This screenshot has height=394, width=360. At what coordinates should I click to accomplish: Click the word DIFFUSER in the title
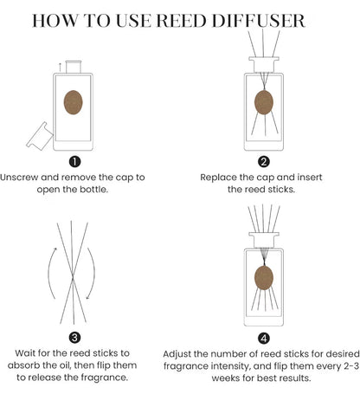(258, 21)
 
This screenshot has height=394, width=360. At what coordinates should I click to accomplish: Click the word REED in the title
(182, 21)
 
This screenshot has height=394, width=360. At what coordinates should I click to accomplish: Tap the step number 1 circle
(74, 162)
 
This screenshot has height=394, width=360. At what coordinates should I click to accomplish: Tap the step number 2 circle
(264, 162)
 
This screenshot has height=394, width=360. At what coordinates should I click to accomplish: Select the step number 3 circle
(74, 337)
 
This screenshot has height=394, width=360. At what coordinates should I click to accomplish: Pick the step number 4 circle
(264, 338)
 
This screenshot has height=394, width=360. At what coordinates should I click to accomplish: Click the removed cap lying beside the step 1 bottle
(40, 136)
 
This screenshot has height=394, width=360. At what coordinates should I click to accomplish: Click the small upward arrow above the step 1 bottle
(60, 67)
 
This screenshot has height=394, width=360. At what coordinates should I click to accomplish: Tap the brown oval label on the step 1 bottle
(73, 102)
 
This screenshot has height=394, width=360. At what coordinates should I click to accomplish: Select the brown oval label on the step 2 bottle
(264, 102)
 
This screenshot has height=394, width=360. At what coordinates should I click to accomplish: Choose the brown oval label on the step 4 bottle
(264, 277)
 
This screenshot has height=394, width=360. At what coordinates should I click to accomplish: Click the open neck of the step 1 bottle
(74, 67)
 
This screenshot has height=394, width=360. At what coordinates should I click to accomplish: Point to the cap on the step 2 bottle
(264, 64)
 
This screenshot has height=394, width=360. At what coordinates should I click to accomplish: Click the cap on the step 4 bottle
(264, 240)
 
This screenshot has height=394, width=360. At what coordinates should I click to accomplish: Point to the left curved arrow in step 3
(52, 273)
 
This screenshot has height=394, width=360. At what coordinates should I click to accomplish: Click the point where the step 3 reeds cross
(73, 278)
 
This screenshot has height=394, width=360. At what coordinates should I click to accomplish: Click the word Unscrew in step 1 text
(19, 177)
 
